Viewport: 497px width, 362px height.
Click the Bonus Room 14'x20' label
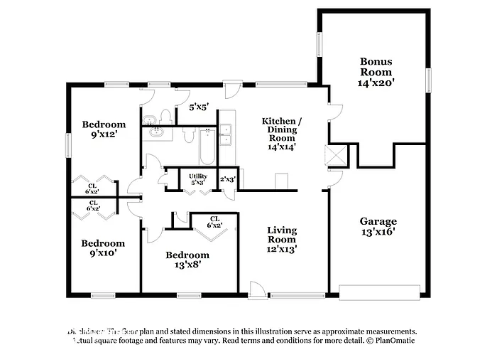pyautogui.click(x=376, y=72)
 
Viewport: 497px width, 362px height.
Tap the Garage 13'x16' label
pyautogui.click(x=378, y=226)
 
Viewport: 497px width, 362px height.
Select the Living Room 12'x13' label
pyautogui.click(x=281, y=240)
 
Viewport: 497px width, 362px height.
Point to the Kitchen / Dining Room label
pyautogui.click(x=281, y=134)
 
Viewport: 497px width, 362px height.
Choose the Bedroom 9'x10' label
pyautogui.click(x=103, y=247)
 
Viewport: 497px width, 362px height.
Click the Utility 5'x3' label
pyautogui.click(x=198, y=179)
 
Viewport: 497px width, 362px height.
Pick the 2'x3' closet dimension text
pyautogui.click(x=227, y=180)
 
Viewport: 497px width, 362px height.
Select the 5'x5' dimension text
pyautogui.click(x=198, y=109)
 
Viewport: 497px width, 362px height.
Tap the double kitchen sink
pyautogui.click(x=226, y=134)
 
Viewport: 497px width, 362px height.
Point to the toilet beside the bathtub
pyautogui.click(x=187, y=135)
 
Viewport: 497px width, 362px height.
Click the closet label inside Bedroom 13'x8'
pyautogui.click(x=214, y=222)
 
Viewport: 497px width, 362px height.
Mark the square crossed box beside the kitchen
pyautogui.click(x=334, y=155)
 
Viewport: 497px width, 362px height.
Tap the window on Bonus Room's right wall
pyautogui.click(x=430, y=79)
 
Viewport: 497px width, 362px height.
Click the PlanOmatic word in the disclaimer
pyautogui.click(x=395, y=341)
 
